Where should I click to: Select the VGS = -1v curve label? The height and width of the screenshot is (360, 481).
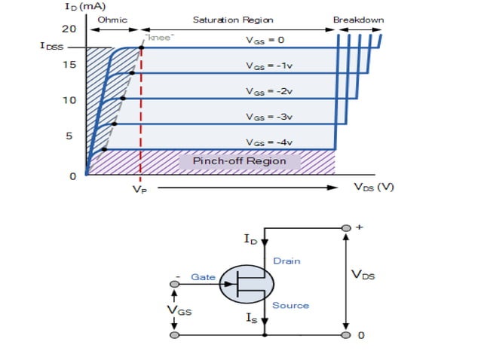269,66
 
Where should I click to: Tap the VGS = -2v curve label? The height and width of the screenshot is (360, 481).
269,91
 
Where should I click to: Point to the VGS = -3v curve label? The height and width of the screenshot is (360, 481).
269,117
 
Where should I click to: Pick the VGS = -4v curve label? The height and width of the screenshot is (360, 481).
269,142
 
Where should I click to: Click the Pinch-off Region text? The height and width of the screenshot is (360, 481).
239,161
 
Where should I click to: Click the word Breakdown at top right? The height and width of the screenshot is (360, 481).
358,20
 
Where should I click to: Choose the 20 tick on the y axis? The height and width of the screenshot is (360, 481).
70,29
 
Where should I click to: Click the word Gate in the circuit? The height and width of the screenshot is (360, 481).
203,277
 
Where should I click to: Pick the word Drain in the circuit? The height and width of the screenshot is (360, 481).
286,261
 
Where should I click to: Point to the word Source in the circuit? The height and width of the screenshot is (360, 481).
290,305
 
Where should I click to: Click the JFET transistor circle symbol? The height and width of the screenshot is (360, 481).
247,283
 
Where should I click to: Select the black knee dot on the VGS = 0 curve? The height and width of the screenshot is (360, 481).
141,48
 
